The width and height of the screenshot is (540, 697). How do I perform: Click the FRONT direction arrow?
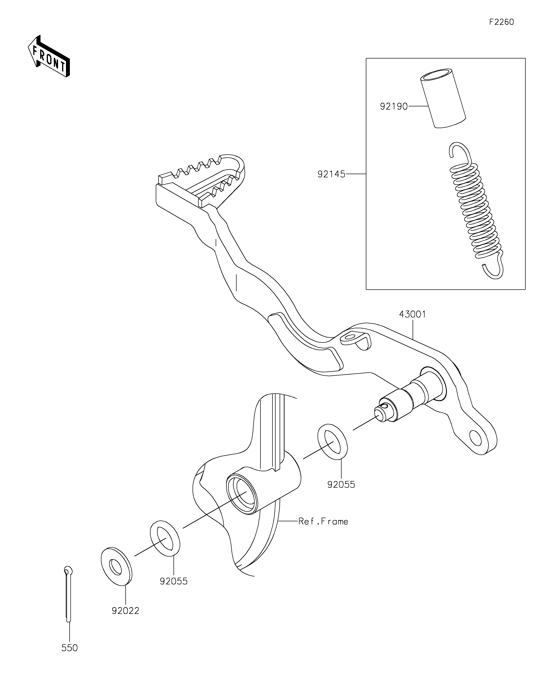[49, 56]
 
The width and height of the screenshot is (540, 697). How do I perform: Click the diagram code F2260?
[501, 22]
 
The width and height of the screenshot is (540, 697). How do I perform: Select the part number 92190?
[394, 106]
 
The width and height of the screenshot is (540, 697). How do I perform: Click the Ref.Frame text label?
[323, 521]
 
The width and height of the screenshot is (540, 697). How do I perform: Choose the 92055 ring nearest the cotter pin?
[165, 538]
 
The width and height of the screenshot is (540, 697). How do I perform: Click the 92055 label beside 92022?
[173, 581]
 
